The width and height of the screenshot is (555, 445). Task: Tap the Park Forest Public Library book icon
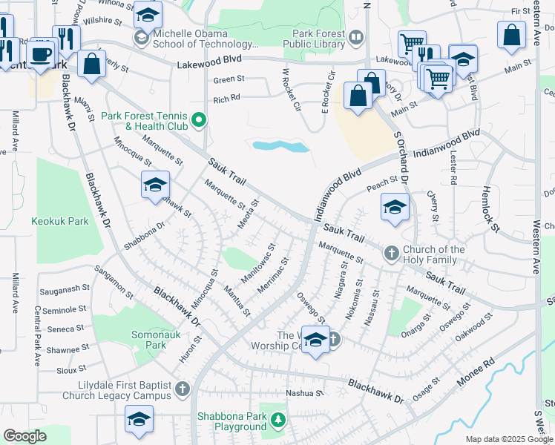click(356, 38)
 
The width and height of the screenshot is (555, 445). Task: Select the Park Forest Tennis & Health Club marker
click(198, 119)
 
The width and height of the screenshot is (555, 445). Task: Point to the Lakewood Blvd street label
click(209, 65)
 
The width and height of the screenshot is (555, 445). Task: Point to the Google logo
click(25, 437)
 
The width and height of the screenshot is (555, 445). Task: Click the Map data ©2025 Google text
click(508, 439)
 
